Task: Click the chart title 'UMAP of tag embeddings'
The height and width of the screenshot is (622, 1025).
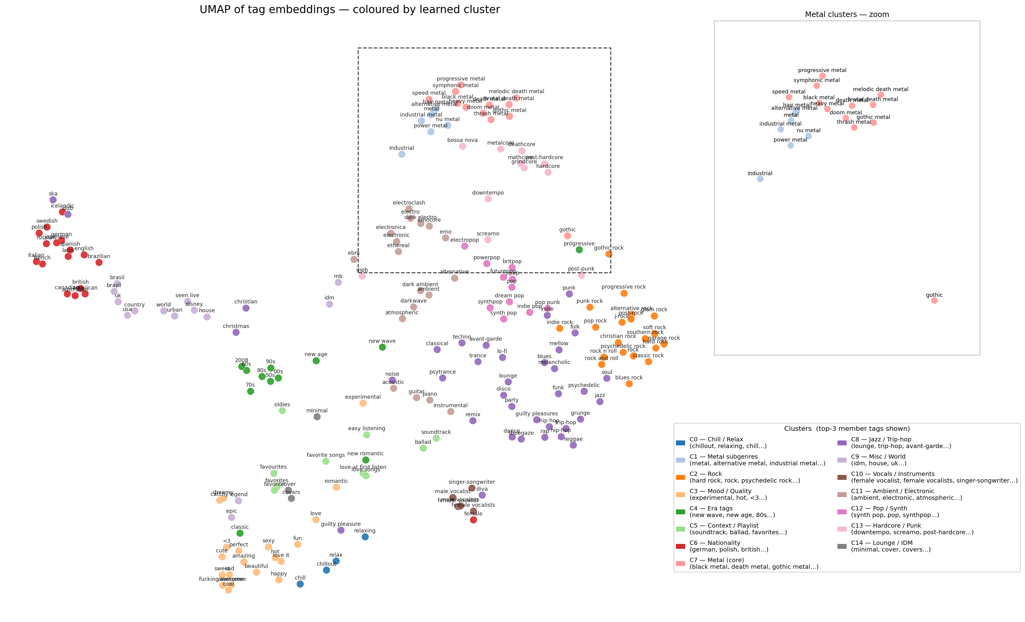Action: [x=349, y=10]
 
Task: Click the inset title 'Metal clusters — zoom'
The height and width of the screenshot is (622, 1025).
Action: [x=847, y=15]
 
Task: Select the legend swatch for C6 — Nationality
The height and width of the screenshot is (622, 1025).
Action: [x=681, y=546]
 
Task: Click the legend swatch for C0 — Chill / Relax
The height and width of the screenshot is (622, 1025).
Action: [x=681, y=442]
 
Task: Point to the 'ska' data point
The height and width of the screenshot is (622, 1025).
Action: [x=53, y=200]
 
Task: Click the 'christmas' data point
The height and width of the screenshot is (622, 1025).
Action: [x=236, y=332]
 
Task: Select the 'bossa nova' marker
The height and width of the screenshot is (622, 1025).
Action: [x=462, y=146]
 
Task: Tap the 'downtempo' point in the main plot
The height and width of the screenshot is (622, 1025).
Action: [x=488, y=199]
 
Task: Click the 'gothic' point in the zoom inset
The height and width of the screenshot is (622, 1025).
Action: [x=934, y=300]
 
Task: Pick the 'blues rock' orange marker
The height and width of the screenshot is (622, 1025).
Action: [x=629, y=384]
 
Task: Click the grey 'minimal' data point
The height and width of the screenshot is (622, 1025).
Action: [x=317, y=417]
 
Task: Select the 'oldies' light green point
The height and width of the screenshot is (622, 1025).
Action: [x=282, y=411]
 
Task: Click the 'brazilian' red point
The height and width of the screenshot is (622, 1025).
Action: [x=99, y=262]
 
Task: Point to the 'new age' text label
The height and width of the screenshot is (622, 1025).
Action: [x=316, y=355]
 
